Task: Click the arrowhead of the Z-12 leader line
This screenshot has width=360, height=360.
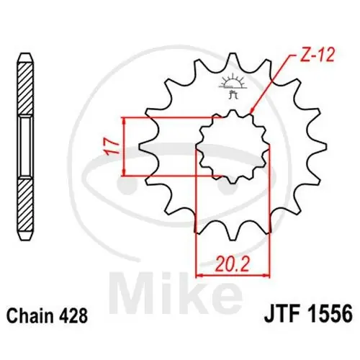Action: [251, 113]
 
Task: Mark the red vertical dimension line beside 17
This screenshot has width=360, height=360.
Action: [125, 146]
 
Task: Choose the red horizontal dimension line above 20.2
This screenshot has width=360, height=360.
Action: [233, 273]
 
